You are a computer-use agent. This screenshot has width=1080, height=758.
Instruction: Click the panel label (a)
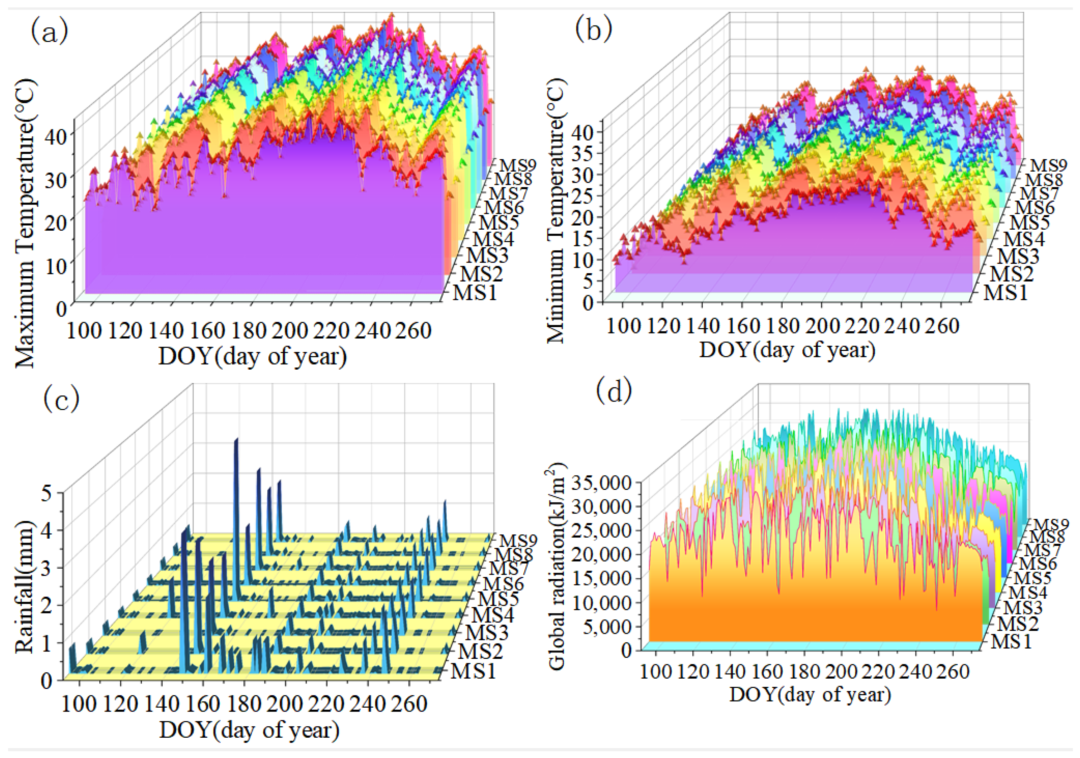click(49, 32)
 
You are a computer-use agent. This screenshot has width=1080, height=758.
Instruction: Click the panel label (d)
click(614, 392)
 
